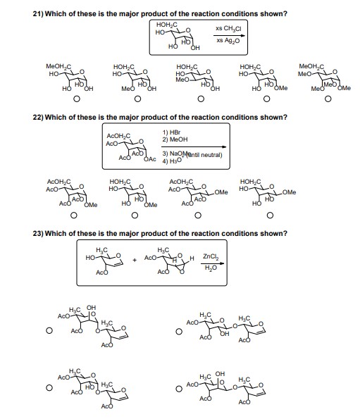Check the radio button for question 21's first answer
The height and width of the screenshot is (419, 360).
click(66, 99)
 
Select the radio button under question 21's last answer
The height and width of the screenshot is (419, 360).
click(328, 99)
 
